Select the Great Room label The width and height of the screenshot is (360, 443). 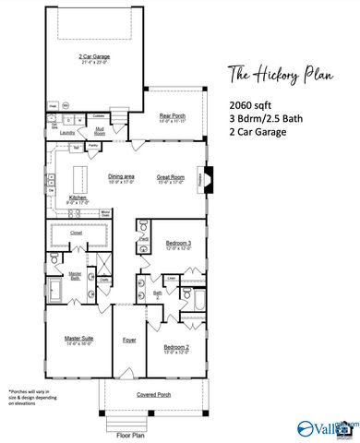pyautogui.click(x=171, y=176)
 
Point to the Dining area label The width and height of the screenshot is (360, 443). pyautogui.click(x=122, y=176)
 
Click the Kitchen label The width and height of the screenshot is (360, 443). pyautogui.click(x=78, y=198)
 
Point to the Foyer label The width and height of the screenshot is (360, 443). pyautogui.click(x=129, y=341)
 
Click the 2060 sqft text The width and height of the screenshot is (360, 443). pyautogui.click(x=247, y=105)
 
